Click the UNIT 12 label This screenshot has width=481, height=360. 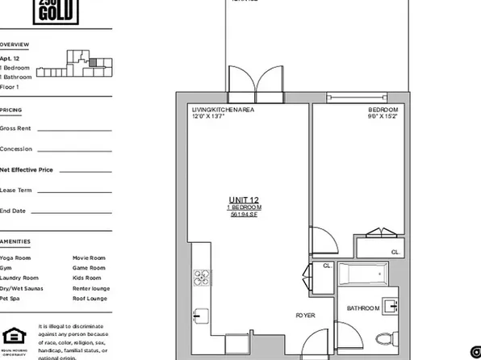pos(244,199)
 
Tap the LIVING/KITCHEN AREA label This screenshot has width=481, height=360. pos(221,109)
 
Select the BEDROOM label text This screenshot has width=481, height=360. pos(383,109)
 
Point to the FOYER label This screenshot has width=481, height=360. pos(304,315)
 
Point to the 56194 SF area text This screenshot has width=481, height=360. pos(244,216)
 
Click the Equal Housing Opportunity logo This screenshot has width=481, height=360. pos(12,336)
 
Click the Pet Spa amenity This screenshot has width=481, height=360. pos(10,298)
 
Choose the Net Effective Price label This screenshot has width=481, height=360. pos(27,170)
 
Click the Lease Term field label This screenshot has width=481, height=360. pos(16,190)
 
